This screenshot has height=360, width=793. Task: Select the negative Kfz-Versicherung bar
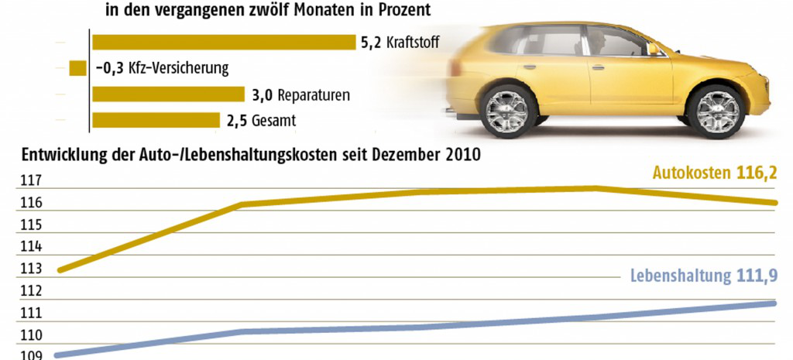click(x=77, y=68)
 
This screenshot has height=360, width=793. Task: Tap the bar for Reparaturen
click(x=168, y=94)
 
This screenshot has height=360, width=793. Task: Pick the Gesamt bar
click(x=156, y=120)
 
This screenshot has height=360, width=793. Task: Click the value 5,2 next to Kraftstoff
click(x=370, y=43)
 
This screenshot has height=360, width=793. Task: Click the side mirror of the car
click(x=653, y=48)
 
